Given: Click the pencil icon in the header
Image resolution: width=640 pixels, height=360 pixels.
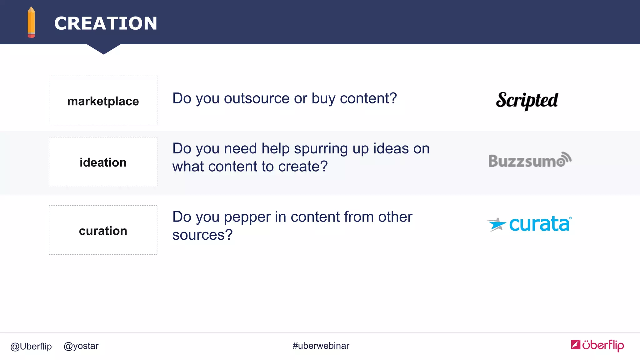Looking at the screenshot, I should pyautogui.click(x=31, y=22).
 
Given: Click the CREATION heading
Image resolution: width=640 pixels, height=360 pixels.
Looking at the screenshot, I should pyautogui.click(x=106, y=23).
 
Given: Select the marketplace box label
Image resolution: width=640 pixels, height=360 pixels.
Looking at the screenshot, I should pyautogui.click(x=103, y=101).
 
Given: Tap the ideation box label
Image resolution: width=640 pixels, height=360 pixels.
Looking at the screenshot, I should pyautogui.click(x=103, y=162).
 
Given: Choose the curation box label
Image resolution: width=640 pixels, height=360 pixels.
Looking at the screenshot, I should pyautogui.click(x=103, y=231).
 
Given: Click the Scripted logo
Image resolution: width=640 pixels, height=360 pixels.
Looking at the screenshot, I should pyautogui.click(x=527, y=101).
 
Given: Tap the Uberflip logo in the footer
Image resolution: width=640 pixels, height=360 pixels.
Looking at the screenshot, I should pyautogui.click(x=597, y=345).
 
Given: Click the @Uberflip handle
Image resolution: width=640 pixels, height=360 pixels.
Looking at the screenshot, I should pyautogui.click(x=31, y=346).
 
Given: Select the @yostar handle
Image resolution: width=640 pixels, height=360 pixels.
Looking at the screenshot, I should pyautogui.click(x=81, y=346).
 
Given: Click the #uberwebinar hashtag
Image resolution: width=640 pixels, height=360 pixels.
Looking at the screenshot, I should pyautogui.click(x=321, y=346).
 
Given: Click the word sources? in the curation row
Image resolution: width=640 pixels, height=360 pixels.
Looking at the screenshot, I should pyautogui.click(x=202, y=235).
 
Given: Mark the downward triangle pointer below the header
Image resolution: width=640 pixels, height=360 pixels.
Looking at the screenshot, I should pyautogui.click(x=104, y=49).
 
